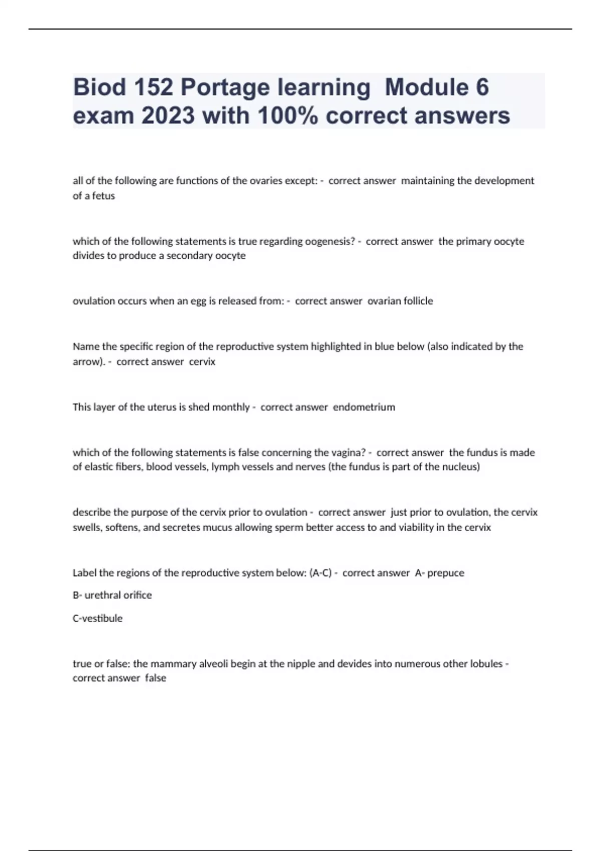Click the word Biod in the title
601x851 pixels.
click(99, 87)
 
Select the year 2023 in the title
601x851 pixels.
click(168, 116)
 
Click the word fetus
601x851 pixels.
click(104, 196)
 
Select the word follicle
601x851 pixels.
click(414, 301)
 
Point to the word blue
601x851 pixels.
click(384, 346)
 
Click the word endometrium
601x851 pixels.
click(364, 407)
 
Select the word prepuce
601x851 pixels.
click(446, 573)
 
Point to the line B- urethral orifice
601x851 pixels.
click(112, 595)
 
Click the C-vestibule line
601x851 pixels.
click(98, 618)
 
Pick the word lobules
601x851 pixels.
click(486, 664)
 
